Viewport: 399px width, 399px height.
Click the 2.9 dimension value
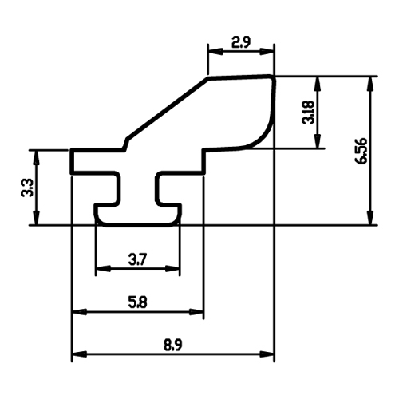pos(241,42)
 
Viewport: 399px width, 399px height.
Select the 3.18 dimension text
pos(309,112)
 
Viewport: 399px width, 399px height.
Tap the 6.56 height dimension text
pos(361,151)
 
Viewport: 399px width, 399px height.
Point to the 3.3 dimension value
pos(27,188)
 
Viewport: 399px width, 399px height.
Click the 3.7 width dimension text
pos(137,259)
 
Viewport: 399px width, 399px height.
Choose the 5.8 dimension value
pos(137,302)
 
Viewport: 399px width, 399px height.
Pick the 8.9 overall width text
pos(173,346)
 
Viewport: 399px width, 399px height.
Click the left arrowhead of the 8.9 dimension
pos(79,354)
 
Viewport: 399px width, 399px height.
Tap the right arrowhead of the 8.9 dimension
pos(267,354)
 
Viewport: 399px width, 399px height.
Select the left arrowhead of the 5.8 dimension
pos(79,311)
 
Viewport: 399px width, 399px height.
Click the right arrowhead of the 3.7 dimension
pos(172,268)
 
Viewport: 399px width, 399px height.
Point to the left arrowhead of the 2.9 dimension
pos(215,52)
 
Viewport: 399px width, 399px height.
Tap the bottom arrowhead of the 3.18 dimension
pos(317,140)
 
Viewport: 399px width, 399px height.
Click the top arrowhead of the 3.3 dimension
pos(37,157)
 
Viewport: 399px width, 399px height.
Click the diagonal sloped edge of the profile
pos(168,109)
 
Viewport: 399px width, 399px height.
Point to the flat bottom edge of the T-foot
pos(138,225)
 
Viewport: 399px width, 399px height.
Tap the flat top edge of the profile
pos(239,77)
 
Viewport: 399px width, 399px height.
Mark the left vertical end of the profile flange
pos(72,161)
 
